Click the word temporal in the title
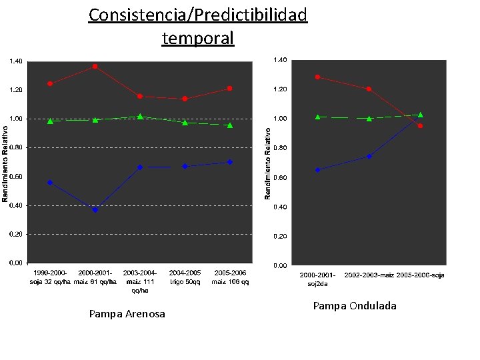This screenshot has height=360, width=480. click(198, 38)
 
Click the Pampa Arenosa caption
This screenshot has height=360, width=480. click(127, 314)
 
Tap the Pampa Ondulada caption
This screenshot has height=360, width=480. click(355, 306)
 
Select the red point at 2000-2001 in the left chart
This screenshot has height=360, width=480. click(95, 67)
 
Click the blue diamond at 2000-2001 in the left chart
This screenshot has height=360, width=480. click(95, 209)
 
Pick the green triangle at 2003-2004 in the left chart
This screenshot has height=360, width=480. click(140, 117)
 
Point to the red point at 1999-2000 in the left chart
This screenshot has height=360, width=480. click(50, 84)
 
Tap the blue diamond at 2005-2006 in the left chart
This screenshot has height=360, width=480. click(230, 162)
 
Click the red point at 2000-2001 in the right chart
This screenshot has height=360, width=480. click(317, 77)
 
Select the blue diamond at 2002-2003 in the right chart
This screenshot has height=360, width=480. click(369, 157)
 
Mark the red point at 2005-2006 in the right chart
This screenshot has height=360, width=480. click(420, 126)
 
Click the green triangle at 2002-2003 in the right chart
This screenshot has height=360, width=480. click(369, 119)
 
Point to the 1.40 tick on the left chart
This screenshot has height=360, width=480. click(15, 61)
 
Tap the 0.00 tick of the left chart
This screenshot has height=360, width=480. click(15, 263)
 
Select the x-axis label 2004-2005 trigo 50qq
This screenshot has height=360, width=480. click(185, 277)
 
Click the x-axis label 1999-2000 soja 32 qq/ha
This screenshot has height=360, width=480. click(49, 277)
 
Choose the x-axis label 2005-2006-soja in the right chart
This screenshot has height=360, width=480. click(420, 275)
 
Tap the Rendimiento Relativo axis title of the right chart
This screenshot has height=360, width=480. click(268, 163)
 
